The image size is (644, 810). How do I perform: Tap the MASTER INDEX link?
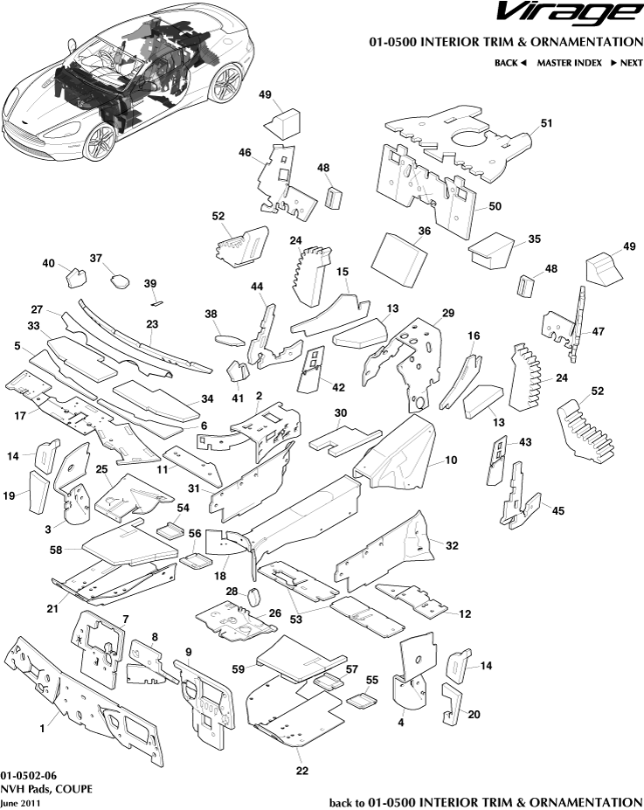569,63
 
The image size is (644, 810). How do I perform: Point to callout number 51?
547,123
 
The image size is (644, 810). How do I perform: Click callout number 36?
425,232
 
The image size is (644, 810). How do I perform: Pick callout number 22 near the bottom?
302,771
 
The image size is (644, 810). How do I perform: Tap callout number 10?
451,460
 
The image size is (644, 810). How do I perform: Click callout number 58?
55,550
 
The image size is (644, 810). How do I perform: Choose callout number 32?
452,545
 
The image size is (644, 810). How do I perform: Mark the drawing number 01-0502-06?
29,775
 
